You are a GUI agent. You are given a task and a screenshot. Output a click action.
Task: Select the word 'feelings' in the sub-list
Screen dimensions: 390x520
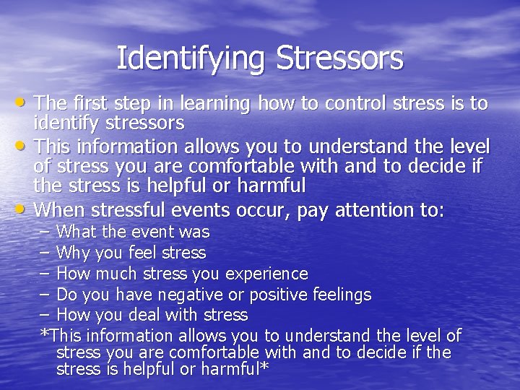pyautogui.click(x=341, y=295)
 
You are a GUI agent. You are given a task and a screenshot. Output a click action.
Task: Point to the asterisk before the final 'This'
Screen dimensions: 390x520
pyautogui.click(x=45, y=334)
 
